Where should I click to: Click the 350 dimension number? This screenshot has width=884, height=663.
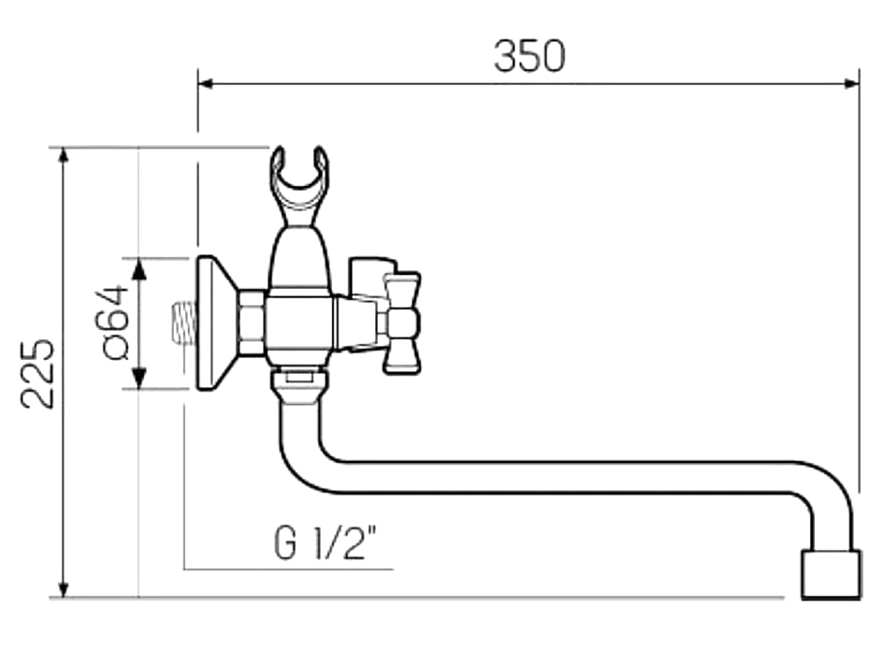(529, 57)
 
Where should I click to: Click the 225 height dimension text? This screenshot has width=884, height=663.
(38, 372)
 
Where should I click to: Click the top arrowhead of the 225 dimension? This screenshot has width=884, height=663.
(64, 155)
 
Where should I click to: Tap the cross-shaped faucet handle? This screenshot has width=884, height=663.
(402, 323)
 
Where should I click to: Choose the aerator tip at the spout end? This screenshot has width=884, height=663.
(832, 574)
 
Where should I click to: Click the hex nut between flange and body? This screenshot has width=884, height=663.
(251, 323)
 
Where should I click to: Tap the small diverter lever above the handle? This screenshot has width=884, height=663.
(368, 273)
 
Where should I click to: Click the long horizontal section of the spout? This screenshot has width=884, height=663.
(561, 477)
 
